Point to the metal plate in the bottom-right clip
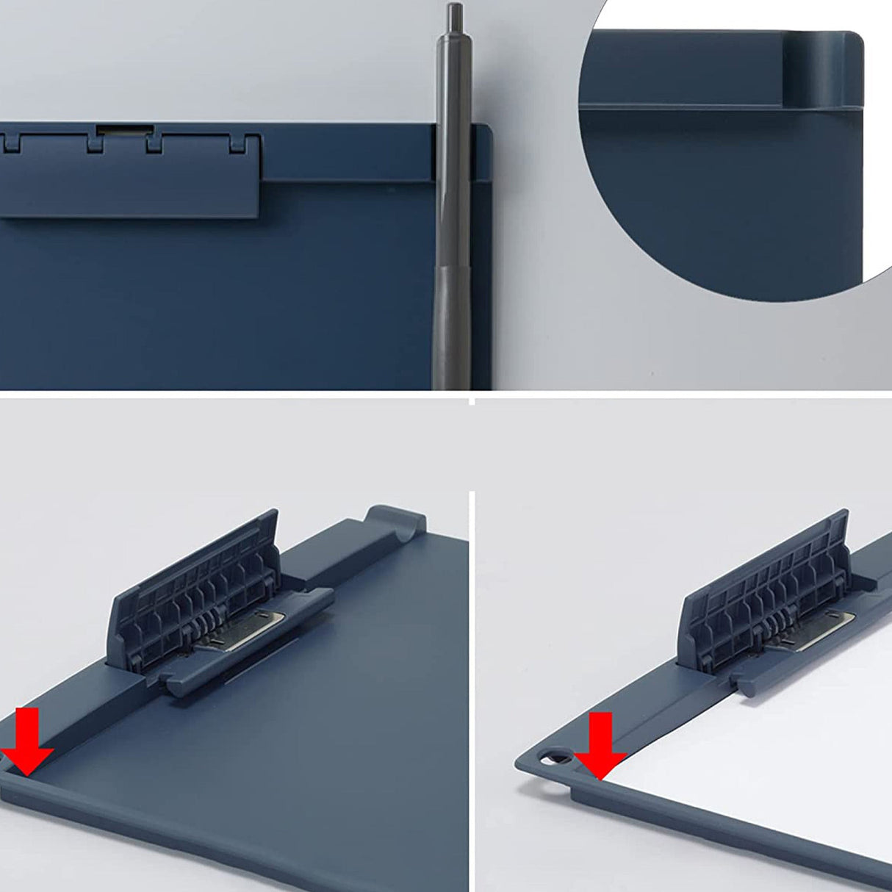click(823, 625)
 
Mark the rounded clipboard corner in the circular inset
click(852, 44)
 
